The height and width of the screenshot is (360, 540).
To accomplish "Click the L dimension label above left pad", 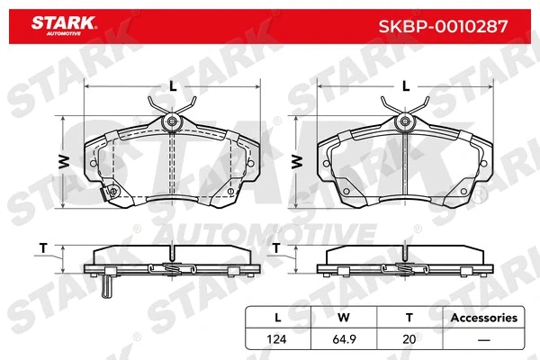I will pos(171,86).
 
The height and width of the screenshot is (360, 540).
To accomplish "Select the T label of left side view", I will pos(42,247).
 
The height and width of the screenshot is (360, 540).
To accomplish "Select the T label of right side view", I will pos(276,247).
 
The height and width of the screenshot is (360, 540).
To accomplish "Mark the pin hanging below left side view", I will pos(107,286).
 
